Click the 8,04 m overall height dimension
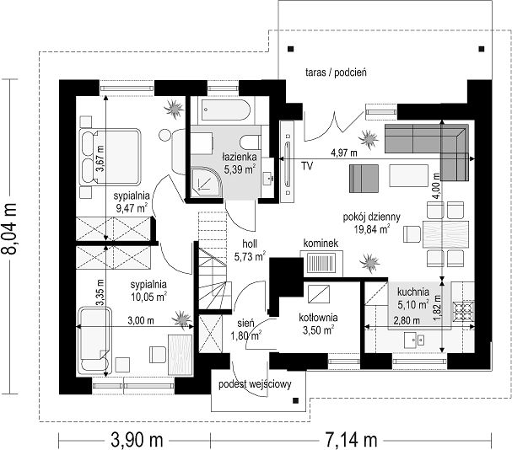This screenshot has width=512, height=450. pos(8,228)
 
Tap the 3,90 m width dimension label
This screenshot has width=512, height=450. pos(137,440)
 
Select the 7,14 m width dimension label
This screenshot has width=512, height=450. pos(351,440)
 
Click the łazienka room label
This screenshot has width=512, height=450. pos(240,157)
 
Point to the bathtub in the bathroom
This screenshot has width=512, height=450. pos(226,110)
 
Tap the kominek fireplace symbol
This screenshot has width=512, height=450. pos(321,264)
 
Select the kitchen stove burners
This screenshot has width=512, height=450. pos(463,311)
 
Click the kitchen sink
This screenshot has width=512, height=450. pos(414,340)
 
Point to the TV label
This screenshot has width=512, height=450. pos(307,166)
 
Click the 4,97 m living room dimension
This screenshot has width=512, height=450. pos(344,153)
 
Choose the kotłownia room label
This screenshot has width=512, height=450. pos(318,317)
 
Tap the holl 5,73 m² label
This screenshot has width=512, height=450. pos(250,250)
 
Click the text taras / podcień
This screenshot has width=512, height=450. pos(336,72)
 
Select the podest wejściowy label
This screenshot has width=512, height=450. pos(255,385)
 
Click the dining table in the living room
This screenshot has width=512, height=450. pos(446,234)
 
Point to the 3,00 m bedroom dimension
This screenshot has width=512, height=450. pos(141,321)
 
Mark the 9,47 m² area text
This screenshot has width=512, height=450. pos(132,208)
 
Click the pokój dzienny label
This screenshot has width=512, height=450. pos(372,217)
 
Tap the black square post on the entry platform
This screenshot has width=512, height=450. pos(296,400)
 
